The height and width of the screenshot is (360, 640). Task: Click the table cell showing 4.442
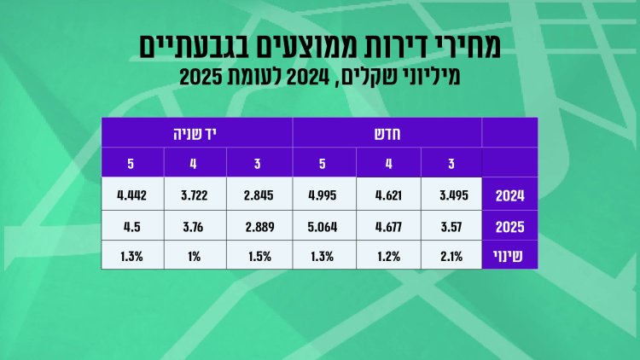(x=133, y=195)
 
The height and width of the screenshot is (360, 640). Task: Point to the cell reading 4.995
(x=324, y=195)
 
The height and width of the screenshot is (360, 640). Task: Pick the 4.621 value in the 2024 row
(x=387, y=195)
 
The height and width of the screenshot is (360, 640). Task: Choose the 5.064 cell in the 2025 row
(x=324, y=228)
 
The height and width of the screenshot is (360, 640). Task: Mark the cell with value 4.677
(x=387, y=228)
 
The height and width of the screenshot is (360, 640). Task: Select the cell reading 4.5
(x=133, y=228)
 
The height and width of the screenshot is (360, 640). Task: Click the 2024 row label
(x=509, y=195)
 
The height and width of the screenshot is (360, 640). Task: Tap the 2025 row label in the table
(x=509, y=228)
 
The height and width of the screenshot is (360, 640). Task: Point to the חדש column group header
(x=387, y=132)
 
